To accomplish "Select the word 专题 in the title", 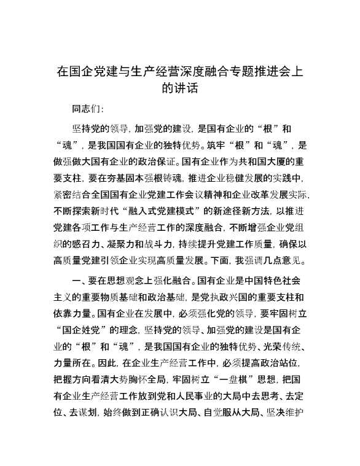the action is [229, 71].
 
